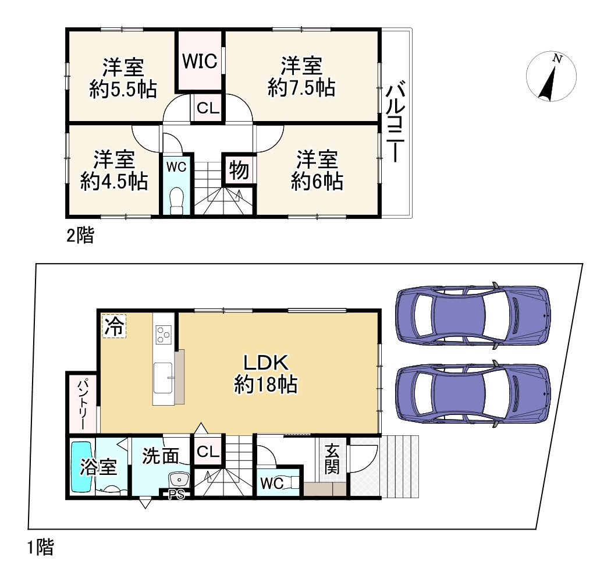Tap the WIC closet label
coord(200,61)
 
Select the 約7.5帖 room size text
coord(301,88)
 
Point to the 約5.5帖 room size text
coord(123,89)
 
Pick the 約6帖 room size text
coord(317,182)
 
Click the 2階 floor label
coord(79,236)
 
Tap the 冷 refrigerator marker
coord(114,325)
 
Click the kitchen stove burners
coord(164,334)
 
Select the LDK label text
coord(266,363)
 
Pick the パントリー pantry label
coord(80,404)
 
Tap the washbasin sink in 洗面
coord(179,481)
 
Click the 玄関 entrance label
coord(332,460)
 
